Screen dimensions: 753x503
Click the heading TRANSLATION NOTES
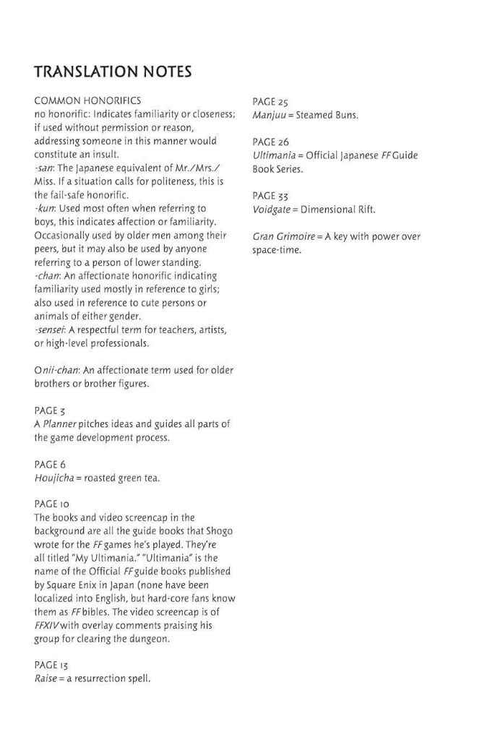tap(112, 72)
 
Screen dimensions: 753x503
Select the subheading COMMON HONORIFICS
tap(87, 101)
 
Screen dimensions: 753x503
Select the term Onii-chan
tap(57, 371)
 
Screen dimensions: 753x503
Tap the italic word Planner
tap(59, 424)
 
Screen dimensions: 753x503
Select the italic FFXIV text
tap(47, 626)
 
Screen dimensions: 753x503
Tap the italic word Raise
tap(46, 679)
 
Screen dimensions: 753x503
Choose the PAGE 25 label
tap(270, 101)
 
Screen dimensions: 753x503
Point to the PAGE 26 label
tap(270, 142)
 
